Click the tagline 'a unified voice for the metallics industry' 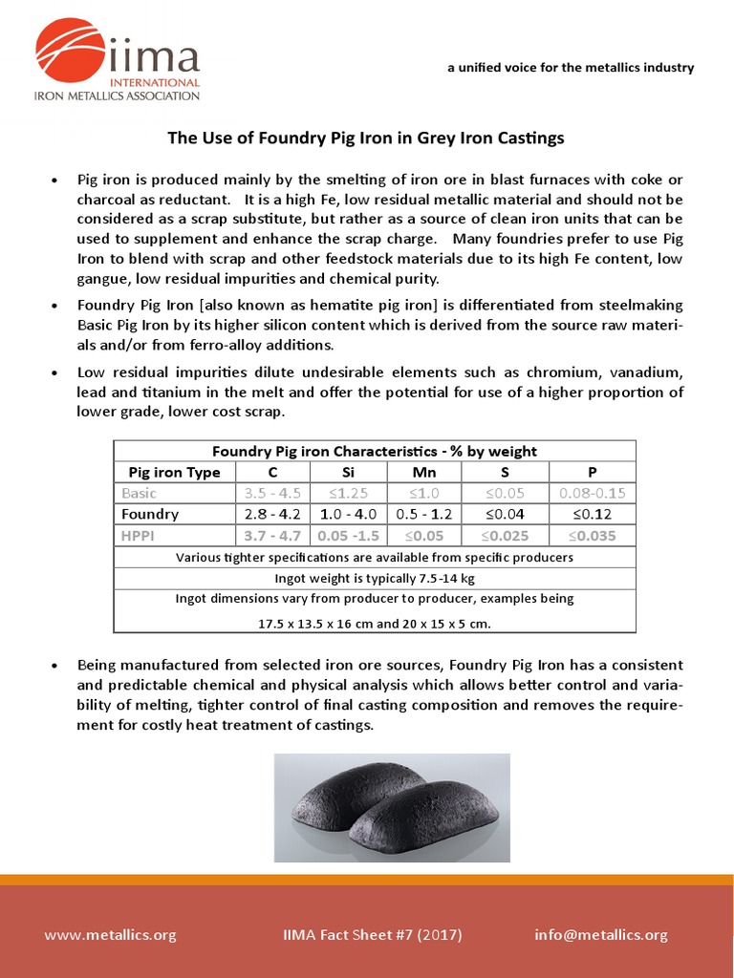click(x=571, y=68)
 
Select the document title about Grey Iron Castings click(x=366, y=138)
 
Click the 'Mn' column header click(x=423, y=473)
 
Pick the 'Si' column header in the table click(x=349, y=473)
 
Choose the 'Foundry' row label click(x=150, y=514)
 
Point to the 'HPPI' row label click(x=139, y=536)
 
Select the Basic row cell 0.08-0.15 click(x=593, y=493)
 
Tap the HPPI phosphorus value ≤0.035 click(x=593, y=536)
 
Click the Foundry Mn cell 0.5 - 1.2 click(x=423, y=514)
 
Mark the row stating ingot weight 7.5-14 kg click(x=375, y=578)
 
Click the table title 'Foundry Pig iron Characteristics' click(x=375, y=451)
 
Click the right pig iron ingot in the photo click(x=430, y=817)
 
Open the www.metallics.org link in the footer click(x=110, y=935)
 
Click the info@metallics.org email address click(x=601, y=935)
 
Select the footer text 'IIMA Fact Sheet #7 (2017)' click(x=373, y=935)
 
